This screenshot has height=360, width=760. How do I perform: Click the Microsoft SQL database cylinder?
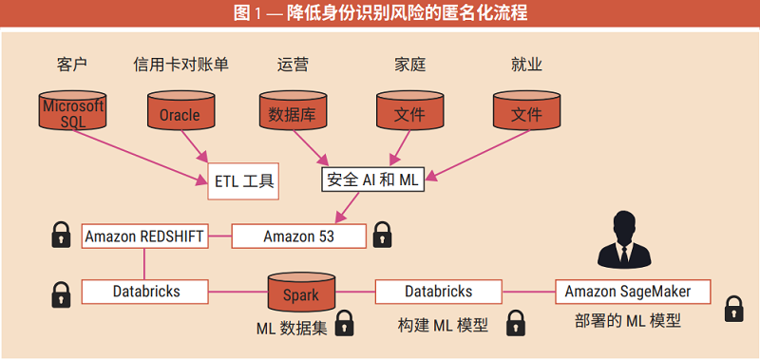coord(73,112)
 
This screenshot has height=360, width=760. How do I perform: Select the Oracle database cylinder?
coord(180,112)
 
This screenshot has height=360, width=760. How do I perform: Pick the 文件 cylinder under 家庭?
coord(409,112)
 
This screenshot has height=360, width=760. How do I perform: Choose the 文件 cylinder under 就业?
coord(526,112)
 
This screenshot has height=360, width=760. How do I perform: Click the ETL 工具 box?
coord(242,180)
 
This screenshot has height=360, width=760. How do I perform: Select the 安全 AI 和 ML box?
coord(373,179)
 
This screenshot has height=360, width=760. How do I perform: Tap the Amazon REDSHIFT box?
coord(144,237)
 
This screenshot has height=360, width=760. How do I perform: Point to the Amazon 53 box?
coord(299,237)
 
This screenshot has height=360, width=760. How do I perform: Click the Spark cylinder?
coord(301,294)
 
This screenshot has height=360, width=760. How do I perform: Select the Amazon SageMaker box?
coord(628,291)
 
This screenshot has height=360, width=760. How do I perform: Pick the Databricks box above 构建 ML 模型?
coord(438,291)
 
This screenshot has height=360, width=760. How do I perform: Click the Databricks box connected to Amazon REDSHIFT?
coord(144,291)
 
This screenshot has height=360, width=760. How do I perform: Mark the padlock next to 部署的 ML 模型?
coord(734,309)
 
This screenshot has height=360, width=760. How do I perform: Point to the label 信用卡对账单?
coord(181,65)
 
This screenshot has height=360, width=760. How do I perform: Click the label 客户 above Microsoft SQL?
coord(72,65)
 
